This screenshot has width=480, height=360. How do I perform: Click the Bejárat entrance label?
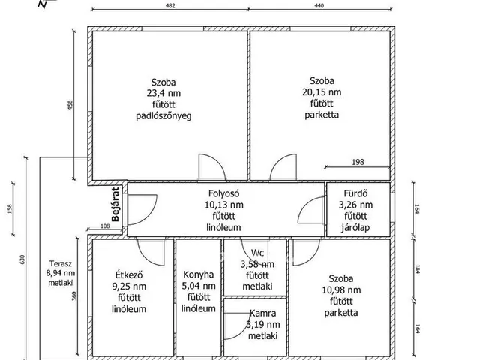pyautogui.click(x=115, y=204)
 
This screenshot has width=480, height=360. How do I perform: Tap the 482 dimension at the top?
pyautogui.click(x=170, y=5)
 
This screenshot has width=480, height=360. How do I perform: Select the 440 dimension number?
pyautogui.click(x=319, y=5)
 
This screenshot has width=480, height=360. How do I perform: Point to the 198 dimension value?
pyautogui.click(x=358, y=162)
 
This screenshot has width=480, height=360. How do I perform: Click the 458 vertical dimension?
pyautogui.click(x=70, y=105)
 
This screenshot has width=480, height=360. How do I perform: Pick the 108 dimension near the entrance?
pyautogui.click(x=105, y=226)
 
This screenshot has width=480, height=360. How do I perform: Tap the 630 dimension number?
pyautogui.click(x=22, y=259)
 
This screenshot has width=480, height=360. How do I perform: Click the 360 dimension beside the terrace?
pyautogui.click(x=74, y=296)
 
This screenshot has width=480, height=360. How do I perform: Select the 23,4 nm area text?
pyautogui.click(x=163, y=93)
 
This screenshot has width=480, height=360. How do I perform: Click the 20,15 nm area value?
pyautogui.click(x=322, y=92)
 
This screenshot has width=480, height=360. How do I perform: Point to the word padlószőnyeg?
pyautogui.click(x=163, y=116)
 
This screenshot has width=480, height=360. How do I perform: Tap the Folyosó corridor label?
pyautogui.click(x=223, y=193)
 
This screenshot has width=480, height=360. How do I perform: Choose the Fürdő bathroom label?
pyautogui.click(x=355, y=193)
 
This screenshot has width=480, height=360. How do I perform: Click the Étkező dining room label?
pyautogui.click(x=129, y=274)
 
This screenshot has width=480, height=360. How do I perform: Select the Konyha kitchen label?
pyautogui.click(x=198, y=274)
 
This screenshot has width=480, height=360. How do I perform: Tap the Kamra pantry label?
pyautogui.click(x=263, y=313)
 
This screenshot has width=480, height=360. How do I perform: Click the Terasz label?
pyautogui.click(x=61, y=263)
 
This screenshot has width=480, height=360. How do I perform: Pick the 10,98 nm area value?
pyautogui.click(x=341, y=290)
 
